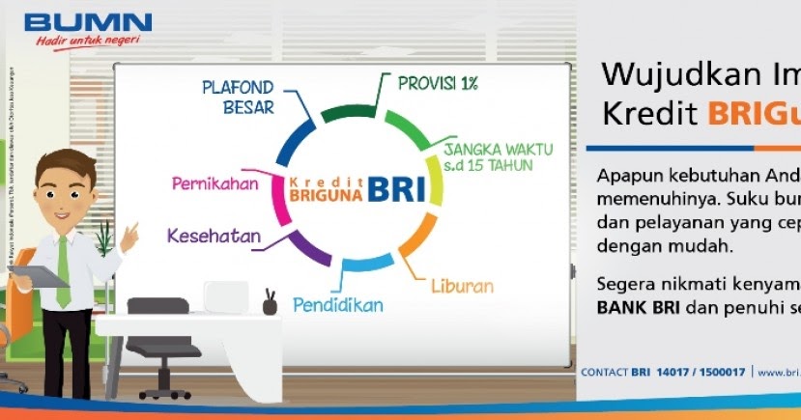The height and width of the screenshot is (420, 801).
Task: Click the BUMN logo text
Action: (88, 22)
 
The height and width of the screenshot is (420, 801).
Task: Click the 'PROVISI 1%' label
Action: (438, 83)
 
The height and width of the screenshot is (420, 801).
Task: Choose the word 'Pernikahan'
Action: (215, 183)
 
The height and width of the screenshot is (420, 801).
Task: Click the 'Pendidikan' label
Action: (338, 305)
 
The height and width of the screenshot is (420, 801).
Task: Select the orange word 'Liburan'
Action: (462, 287)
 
